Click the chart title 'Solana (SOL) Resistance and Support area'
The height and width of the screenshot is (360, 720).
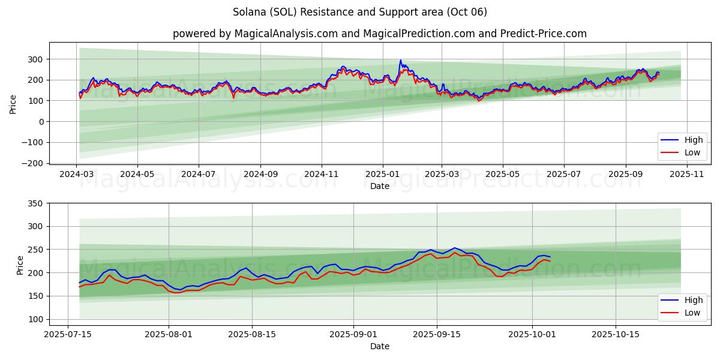coord(359,12)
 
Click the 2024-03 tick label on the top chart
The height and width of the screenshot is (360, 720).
coord(76,174)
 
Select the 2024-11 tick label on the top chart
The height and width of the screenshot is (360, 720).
coord(322,174)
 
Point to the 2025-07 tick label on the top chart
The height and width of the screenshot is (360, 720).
coord(564,174)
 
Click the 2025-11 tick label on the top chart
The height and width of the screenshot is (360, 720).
coord(686,174)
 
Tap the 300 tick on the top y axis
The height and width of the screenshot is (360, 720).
coord(36,59)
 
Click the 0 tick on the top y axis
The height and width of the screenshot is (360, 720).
coord(41,122)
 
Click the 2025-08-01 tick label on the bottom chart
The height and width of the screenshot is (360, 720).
coord(169,334)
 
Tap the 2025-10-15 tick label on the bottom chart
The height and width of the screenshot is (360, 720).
coord(615,334)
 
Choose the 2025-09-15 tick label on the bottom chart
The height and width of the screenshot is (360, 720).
coord(436,334)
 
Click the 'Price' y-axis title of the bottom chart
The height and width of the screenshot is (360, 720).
coord(20,265)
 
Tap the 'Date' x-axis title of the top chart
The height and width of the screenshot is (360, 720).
coord(379,186)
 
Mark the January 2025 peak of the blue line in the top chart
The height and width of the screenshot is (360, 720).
coord(400,60)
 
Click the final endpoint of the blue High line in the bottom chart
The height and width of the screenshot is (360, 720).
coord(550,257)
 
